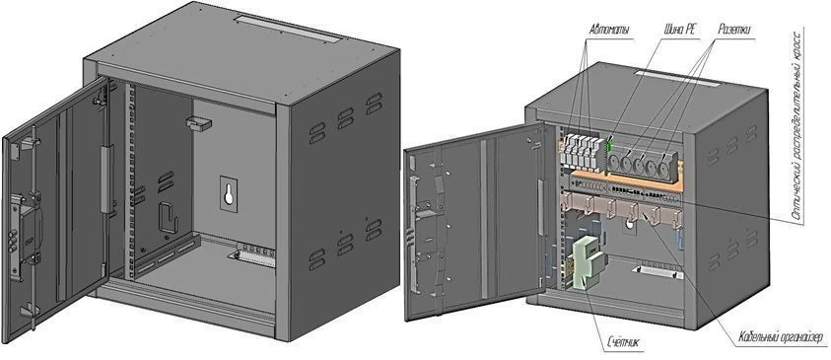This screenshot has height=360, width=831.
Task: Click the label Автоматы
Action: pos(608,31)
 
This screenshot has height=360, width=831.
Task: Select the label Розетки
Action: pos(735,31)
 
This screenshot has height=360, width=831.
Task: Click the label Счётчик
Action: pos(623,343)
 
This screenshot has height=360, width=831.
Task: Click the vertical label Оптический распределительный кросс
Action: pos(796,122)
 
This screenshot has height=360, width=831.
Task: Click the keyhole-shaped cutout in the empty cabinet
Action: pos(229,191)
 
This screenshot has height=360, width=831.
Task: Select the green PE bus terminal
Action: pos(609,144)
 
